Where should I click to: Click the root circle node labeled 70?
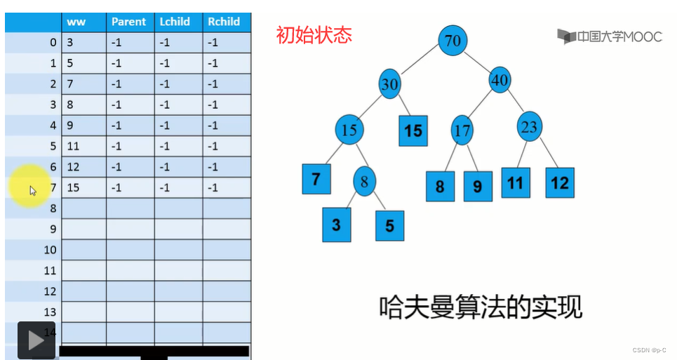pos(453,41)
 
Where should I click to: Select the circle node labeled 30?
pos(390,84)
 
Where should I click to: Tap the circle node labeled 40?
pos(500,81)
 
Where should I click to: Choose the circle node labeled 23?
pos(530,127)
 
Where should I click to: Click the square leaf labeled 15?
pos(413,131)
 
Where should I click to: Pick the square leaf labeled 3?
pos(336,225)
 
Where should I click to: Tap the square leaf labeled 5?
pos(390,225)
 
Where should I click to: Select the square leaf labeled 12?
pos(559,182)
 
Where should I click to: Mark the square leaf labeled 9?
pos(478,186)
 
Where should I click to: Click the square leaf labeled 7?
pos(316,178)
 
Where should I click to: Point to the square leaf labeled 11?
pos(516,182)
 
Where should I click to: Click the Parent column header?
pos(129,22)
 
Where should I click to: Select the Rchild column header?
pos(224,22)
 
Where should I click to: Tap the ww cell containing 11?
pos(83,146)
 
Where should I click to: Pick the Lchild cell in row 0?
pos(178,42)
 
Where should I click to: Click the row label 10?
pos(49,250)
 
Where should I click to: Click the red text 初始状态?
pos(314,34)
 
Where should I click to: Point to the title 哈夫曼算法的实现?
pos(481,307)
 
